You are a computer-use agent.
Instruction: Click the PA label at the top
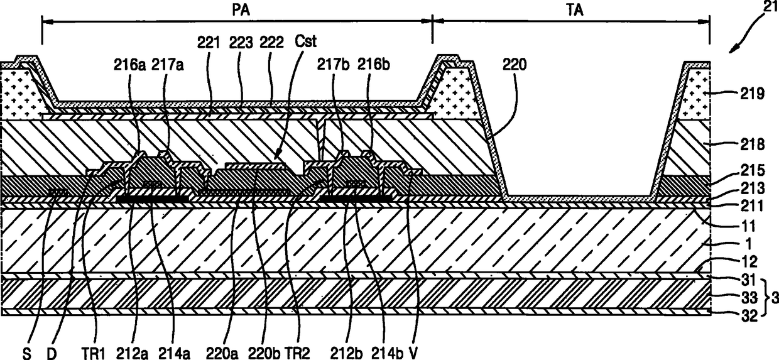tap(237, 9)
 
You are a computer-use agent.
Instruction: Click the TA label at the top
tap(571, 9)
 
